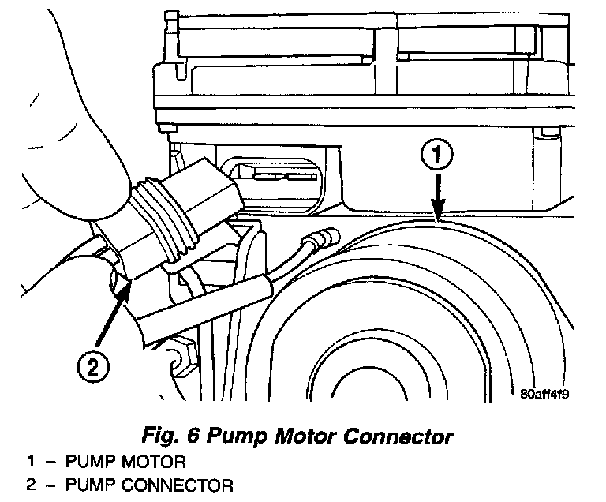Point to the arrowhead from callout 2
[124, 285]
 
